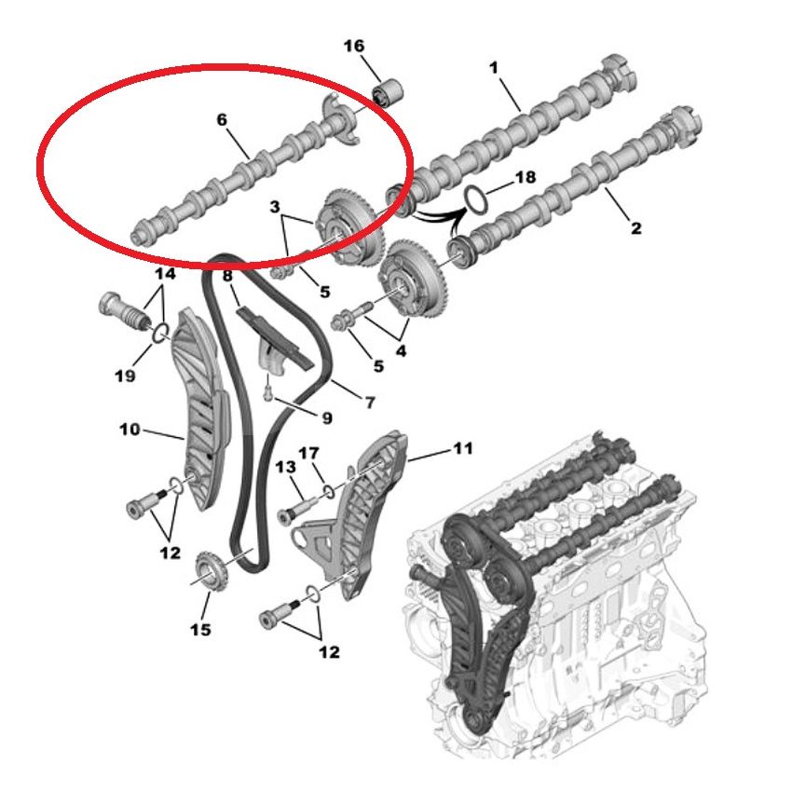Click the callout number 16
click(x=353, y=46)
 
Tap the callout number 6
click(x=222, y=119)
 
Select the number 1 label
click(x=494, y=67)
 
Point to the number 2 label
click(x=635, y=227)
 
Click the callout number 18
click(x=525, y=177)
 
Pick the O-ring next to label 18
click(x=476, y=198)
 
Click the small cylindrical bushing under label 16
click(x=387, y=93)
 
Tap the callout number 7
click(x=370, y=403)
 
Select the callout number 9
click(x=327, y=417)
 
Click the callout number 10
click(x=130, y=430)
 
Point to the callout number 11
click(x=463, y=448)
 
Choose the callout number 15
click(x=200, y=629)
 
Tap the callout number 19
click(x=125, y=376)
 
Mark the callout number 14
click(x=165, y=274)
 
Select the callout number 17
click(x=308, y=453)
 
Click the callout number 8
click(x=227, y=275)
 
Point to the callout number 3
click(x=274, y=207)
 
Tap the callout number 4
click(x=401, y=350)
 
